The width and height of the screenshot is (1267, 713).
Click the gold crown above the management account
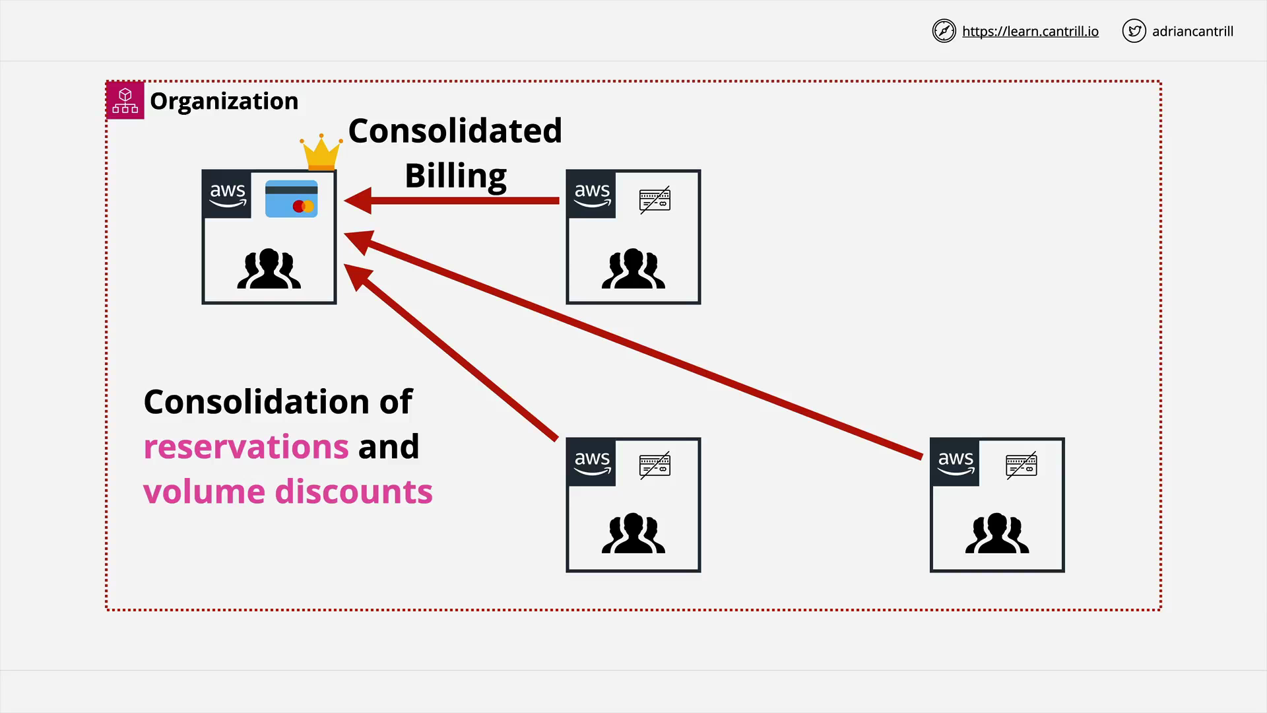(321, 153)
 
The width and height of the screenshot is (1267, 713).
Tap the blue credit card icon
(291, 199)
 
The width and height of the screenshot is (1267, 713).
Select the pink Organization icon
(125, 100)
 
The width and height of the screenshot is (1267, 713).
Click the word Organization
(224, 101)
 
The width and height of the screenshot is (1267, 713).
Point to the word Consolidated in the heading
(455, 131)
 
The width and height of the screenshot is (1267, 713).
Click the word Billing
(456, 176)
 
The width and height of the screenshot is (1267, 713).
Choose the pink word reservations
(246, 447)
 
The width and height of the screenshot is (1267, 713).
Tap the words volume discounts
(288, 491)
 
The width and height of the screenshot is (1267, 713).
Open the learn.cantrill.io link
(1030, 31)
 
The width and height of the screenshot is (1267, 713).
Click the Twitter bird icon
(1134, 31)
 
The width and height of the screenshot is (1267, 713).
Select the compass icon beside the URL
(944, 31)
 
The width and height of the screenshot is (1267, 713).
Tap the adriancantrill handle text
(1192, 31)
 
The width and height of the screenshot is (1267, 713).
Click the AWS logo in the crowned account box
(228, 195)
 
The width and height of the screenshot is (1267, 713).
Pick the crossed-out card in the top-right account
(655, 199)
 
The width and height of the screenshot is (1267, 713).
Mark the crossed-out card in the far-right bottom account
(1021, 465)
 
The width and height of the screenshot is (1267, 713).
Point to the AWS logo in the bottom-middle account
(592, 463)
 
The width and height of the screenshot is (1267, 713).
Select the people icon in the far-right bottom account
(997, 533)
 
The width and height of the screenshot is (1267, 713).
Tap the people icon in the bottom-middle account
(633, 533)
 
